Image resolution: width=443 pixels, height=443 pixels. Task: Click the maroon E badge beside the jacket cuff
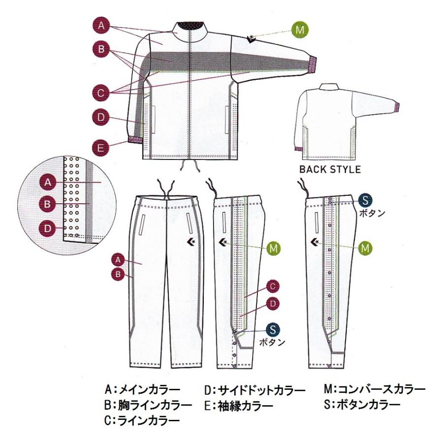click(x=101, y=147)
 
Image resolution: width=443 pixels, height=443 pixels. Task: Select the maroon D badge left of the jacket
click(x=101, y=117)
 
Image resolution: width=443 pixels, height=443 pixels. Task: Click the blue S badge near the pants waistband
click(x=366, y=200)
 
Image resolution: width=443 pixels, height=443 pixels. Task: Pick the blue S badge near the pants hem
click(x=273, y=330)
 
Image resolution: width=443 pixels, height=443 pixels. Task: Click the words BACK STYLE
click(x=330, y=170)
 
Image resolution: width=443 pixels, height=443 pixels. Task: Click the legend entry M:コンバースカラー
click(x=374, y=390)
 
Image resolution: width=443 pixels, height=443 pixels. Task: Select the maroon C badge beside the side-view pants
click(x=273, y=286)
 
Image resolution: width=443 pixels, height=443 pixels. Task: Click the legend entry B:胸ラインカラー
click(x=148, y=406)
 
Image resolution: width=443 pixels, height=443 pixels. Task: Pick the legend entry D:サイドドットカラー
click(x=254, y=390)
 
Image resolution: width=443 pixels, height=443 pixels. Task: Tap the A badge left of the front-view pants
click(x=118, y=258)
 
